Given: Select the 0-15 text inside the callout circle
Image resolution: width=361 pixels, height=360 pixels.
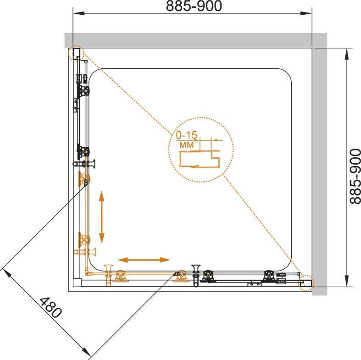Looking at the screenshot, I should (187, 136).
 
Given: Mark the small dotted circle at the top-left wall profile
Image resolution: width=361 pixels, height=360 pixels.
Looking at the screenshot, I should (76, 53).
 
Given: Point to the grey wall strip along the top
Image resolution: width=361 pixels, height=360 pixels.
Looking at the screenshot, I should (193, 39).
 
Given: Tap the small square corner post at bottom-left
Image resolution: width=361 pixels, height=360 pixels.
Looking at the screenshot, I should (77, 281).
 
